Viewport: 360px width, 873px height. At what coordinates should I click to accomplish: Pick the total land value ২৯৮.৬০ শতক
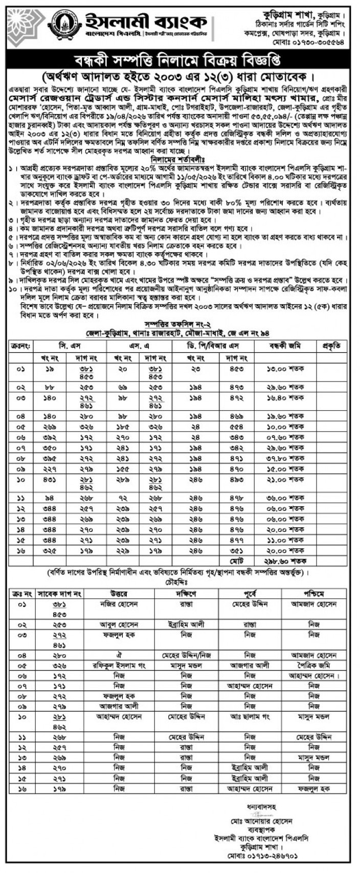tap(282, 561)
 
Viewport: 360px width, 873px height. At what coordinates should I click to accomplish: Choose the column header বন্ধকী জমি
tap(283, 346)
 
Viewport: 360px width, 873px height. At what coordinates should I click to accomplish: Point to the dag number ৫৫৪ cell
tap(237, 427)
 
